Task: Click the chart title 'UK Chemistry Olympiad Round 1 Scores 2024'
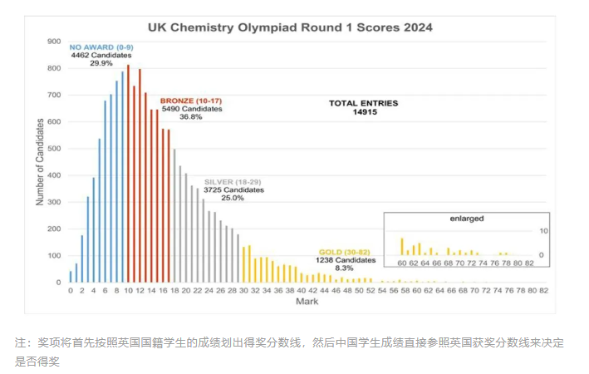(x=290, y=27)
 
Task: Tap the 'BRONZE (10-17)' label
(x=192, y=99)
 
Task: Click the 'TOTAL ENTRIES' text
(x=363, y=103)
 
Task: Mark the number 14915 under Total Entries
(x=364, y=112)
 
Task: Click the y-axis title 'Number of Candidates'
(x=40, y=161)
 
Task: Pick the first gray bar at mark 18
(x=174, y=215)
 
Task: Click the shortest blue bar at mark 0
(x=71, y=276)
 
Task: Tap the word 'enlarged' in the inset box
(x=468, y=219)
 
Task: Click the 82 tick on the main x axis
(x=542, y=290)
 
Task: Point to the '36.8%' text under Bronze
(x=190, y=117)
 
